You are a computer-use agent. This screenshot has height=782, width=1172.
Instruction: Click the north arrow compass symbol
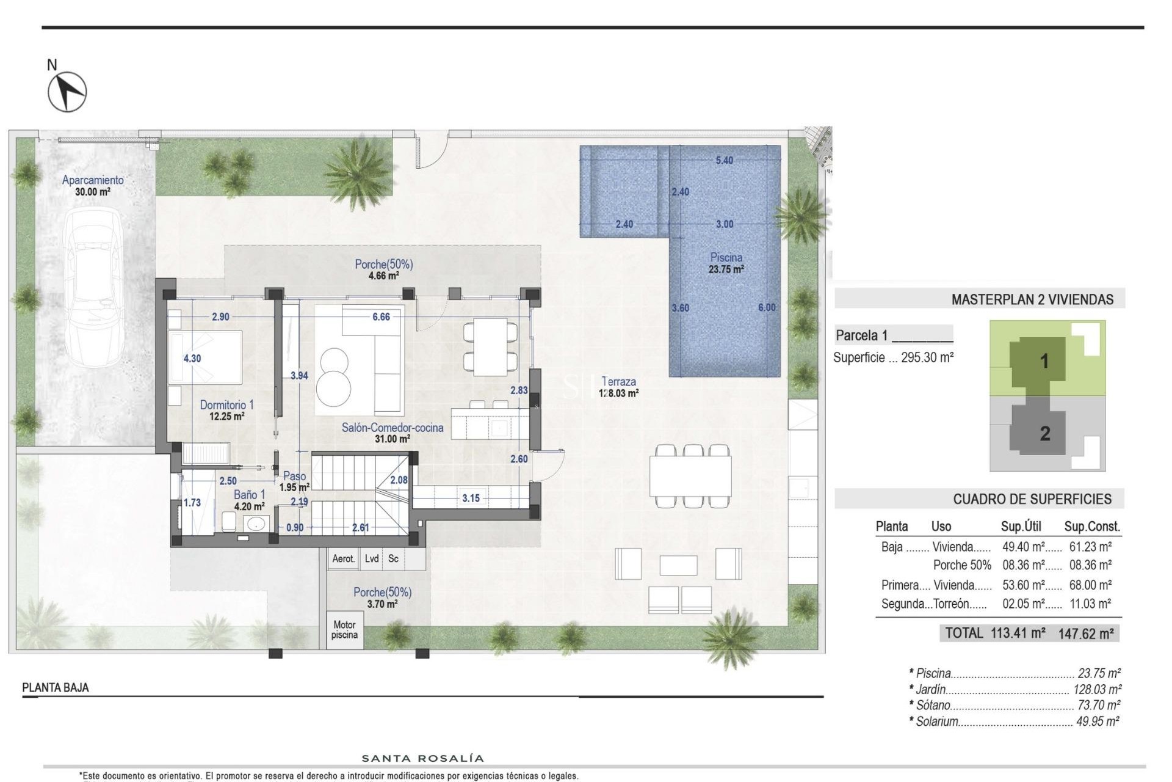(x=67, y=92)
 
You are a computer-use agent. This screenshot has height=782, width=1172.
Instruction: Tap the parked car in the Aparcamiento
(x=93, y=287)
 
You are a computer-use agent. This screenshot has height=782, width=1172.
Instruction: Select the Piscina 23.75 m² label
(x=726, y=263)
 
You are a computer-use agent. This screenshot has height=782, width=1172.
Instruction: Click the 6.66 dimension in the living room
(x=381, y=316)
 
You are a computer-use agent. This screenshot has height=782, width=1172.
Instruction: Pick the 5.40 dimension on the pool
(x=724, y=161)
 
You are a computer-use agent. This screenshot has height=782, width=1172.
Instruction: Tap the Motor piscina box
(x=344, y=630)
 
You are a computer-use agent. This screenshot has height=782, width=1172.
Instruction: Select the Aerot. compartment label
(x=343, y=558)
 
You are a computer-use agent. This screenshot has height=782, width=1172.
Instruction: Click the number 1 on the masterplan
(x=1044, y=361)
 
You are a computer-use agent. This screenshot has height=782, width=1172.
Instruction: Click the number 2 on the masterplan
(x=1044, y=434)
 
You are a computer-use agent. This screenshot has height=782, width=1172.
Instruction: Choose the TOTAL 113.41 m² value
(x=1018, y=633)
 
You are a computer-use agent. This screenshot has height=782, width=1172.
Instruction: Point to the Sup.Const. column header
(x=1092, y=527)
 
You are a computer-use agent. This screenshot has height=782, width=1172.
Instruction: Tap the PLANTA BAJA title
(x=56, y=688)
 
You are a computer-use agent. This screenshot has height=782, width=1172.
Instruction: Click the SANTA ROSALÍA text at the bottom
(x=423, y=759)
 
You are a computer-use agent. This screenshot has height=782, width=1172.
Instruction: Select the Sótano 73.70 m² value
(x=1099, y=705)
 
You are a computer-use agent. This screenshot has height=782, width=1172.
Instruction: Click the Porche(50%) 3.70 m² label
(x=382, y=597)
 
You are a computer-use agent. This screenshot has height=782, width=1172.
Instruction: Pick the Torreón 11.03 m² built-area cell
(x=1090, y=604)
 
